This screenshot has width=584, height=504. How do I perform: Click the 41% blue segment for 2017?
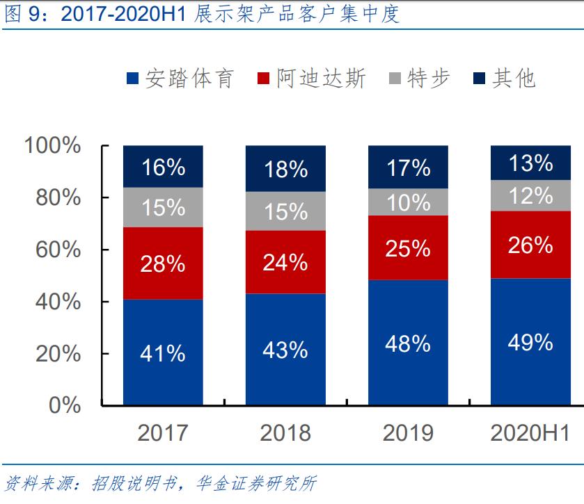(x=163, y=352)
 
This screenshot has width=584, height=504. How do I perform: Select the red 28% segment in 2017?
(x=163, y=263)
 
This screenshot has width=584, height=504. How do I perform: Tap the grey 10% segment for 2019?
(x=408, y=202)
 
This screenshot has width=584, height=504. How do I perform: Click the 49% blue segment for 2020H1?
(x=530, y=341)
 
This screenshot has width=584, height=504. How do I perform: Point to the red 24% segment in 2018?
(x=285, y=262)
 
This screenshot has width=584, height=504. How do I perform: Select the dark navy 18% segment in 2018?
(x=285, y=169)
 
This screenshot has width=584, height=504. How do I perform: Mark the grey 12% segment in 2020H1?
(x=530, y=195)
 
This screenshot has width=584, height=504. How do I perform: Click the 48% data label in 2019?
(x=408, y=343)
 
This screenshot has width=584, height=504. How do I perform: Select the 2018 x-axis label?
(x=285, y=433)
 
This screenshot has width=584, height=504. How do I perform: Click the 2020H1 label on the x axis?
(x=530, y=433)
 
